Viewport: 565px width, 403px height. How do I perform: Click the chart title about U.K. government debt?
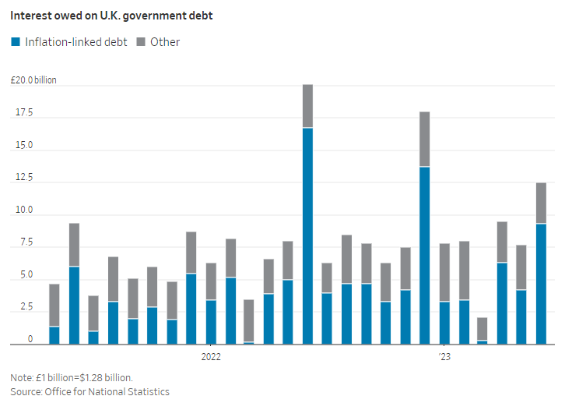[111, 16]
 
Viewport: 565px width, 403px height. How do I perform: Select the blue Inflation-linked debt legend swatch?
[16, 42]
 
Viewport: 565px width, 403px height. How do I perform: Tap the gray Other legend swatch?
[140, 42]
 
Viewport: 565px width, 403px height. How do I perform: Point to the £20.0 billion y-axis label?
[33, 80]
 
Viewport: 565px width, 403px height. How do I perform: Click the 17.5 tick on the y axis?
[24, 113]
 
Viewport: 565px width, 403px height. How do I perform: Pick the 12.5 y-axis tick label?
[24, 178]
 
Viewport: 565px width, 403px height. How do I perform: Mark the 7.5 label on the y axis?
[26, 242]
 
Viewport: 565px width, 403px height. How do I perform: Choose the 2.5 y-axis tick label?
[26, 307]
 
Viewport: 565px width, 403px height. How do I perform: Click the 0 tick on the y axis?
[30, 340]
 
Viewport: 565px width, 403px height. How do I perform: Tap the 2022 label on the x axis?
[211, 357]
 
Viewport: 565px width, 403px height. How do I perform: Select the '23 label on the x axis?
[444, 357]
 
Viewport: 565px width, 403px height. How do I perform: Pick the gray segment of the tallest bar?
[307, 106]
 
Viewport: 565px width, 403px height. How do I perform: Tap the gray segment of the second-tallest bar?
[424, 140]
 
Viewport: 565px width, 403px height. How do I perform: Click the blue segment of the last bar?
[541, 284]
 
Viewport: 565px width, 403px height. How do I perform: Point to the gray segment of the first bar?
[54, 305]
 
